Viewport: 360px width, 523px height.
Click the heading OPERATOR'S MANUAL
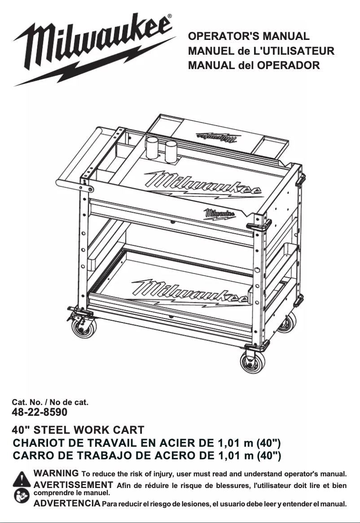coord(249,36)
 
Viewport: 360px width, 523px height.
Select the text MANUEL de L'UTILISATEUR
coord(261,51)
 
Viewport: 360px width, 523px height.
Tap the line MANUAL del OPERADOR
coord(254,65)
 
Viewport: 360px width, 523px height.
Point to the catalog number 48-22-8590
coord(40,411)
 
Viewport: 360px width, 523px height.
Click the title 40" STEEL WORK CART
coord(78,431)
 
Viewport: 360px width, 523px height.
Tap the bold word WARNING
coord(56,473)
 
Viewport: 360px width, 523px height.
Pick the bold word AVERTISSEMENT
coord(73,485)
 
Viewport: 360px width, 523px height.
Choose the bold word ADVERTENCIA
coord(67,504)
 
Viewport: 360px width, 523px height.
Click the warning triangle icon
coord(21,479)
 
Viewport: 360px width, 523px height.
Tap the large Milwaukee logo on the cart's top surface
coord(202,184)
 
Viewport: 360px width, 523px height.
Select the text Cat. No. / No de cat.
coord(50,402)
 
